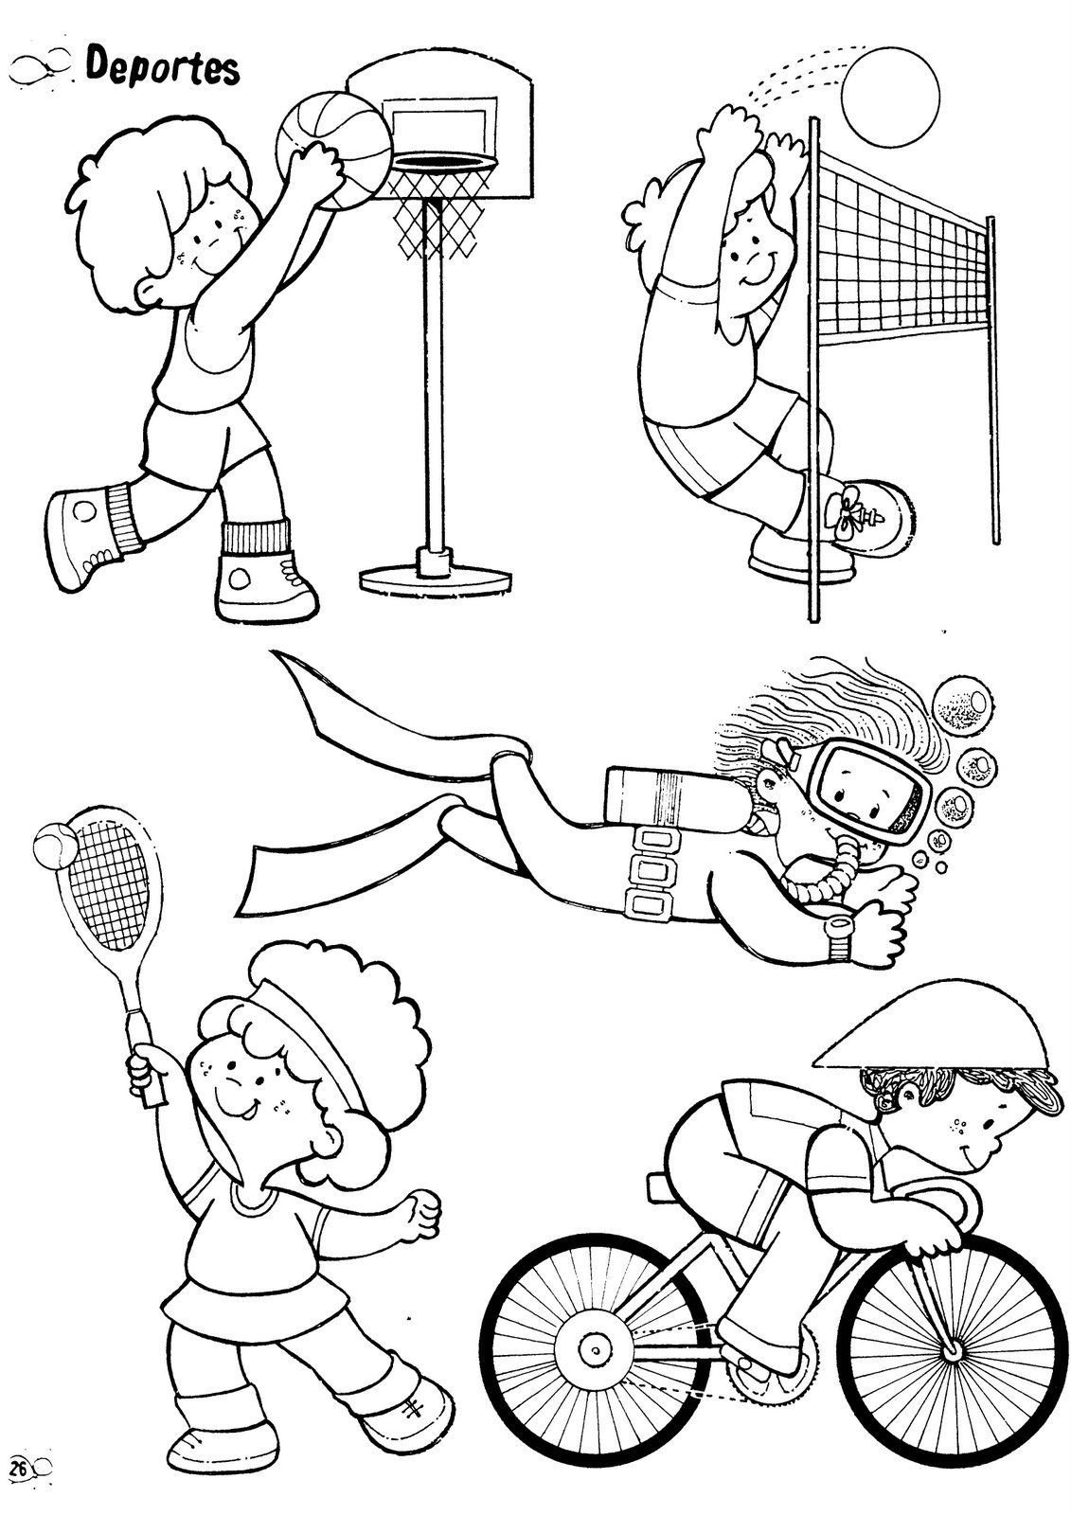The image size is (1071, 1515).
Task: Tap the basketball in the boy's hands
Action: [x=333, y=148]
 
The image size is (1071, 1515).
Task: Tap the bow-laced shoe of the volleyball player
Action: [x=868, y=509]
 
